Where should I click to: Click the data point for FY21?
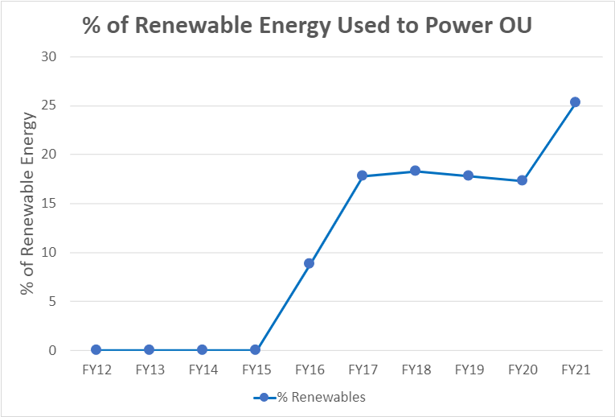(x=575, y=102)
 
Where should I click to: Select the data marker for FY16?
(x=309, y=263)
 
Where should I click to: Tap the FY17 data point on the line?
(x=362, y=175)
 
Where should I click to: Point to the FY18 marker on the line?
(x=415, y=171)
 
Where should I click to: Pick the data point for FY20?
(x=522, y=180)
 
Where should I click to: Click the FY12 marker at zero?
(x=96, y=350)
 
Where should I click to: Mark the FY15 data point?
(x=256, y=350)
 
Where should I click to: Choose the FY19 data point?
(x=469, y=175)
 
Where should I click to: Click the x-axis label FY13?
(x=150, y=370)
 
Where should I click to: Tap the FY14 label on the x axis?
(x=203, y=370)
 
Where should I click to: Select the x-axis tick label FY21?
(x=575, y=370)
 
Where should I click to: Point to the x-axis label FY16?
(x=309, y=370)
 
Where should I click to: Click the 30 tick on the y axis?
(x=50, y=56)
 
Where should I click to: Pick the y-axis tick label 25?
(x=50, y=105)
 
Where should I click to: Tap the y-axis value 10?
(x=50, y=253)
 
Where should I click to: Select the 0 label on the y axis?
(x=53, y=351)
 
